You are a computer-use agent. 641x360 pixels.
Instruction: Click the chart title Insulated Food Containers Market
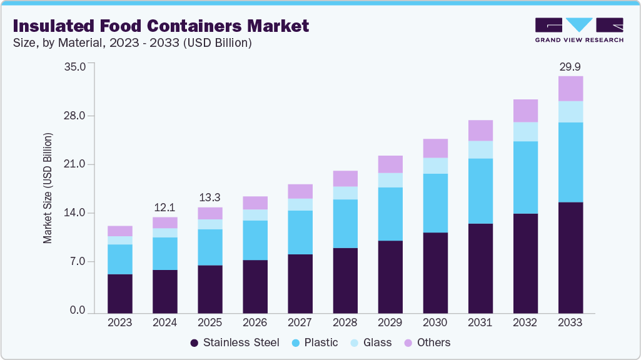[161, 26]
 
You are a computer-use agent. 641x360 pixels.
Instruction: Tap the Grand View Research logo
[579, 29]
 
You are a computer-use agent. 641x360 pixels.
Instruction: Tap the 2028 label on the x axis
[345, 322]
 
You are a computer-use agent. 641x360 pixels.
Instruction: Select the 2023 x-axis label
[119, 322]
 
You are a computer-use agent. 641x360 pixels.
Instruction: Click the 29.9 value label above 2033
[570, 66]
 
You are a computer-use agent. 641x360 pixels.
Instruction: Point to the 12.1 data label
[164, 207]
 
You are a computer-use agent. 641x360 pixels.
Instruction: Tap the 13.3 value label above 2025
[209, 197]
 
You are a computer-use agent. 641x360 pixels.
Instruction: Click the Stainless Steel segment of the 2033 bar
[570, 257]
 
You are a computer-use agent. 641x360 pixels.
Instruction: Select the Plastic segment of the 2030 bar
[435, 203]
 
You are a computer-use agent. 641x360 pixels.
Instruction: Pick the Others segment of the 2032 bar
[525, 111]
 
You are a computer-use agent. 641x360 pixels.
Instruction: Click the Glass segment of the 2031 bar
[480, 149]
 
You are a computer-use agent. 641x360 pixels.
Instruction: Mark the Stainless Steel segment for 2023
[119, 293]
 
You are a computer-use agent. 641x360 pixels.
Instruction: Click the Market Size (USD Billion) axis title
[48, 188]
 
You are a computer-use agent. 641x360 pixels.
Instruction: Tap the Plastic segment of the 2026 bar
[255, 240]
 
